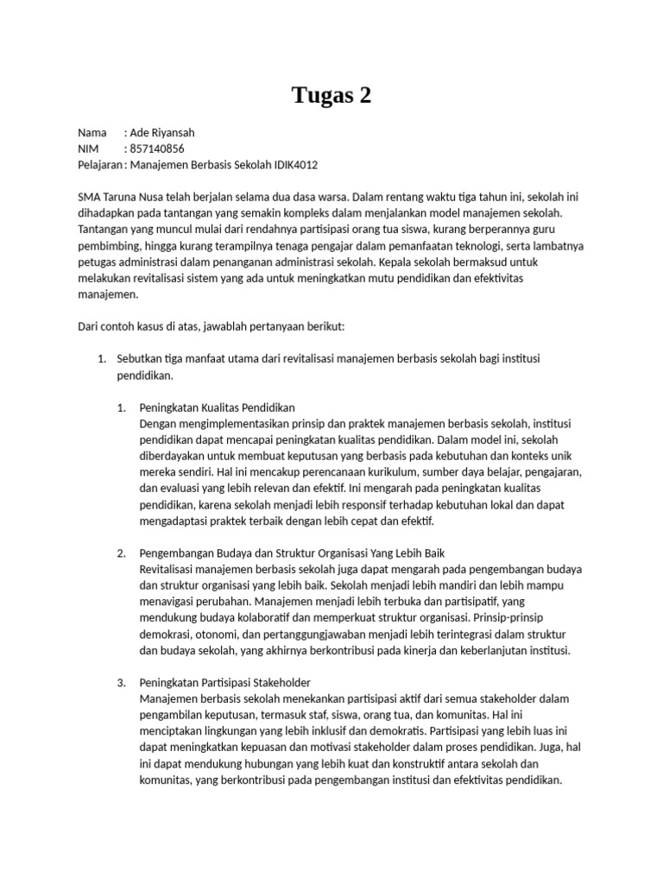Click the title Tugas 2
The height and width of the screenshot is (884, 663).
click(331, 95)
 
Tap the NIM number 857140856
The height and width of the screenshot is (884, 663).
click(157, 148)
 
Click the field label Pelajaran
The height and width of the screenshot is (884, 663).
click(99, 164)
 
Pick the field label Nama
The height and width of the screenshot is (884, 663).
click(92, 133)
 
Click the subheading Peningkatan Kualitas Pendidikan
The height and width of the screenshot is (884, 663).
click(217, 407)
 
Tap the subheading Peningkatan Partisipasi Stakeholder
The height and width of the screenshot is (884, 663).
click(224, 682)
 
